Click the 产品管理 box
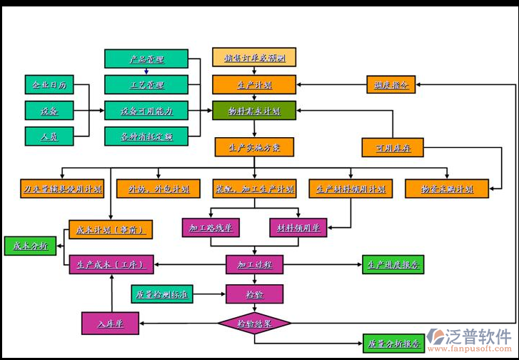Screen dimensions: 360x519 pos(146,59)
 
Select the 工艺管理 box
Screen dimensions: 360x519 pos(146,85)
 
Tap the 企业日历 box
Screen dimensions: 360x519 pos(49,85)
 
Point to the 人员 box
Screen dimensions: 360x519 pos(49,134)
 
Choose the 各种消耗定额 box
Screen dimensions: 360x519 pos(146,136)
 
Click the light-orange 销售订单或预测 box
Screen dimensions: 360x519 pos(253,58)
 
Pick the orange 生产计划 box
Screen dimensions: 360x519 pos(253,85)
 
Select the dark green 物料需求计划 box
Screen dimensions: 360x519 pos(253,111)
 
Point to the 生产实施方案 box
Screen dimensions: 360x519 pos(253,148)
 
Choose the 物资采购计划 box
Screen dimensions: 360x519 pos(447,189)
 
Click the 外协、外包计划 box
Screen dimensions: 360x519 pos(158,189)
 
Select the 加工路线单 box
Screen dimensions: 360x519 pos(210,228)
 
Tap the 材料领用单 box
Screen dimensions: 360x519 pos(298,228)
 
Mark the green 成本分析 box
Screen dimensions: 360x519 pos(30,246)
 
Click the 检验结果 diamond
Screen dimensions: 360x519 pos(254,324)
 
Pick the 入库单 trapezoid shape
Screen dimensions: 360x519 pos(110,324)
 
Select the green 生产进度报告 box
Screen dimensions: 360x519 pos(393,264)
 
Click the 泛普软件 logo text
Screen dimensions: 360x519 pos(479,336)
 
